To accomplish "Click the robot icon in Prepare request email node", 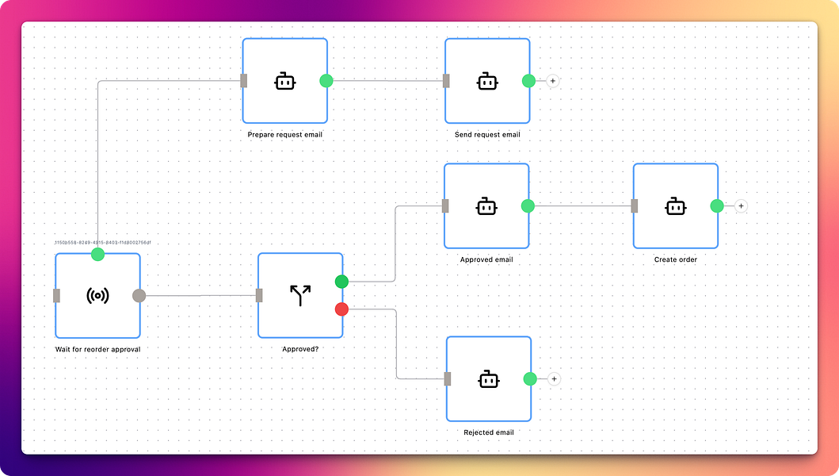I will coord(285,81).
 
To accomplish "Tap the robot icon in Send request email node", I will coord(487,81).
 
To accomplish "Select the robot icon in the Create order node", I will coord(675,206).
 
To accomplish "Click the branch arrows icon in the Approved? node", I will coord(300,296).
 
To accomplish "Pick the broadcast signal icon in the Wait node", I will coord(97,296).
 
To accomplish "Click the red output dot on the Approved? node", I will coord(341,309).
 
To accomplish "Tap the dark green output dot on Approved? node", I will coord(341,282).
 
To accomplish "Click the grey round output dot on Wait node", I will coord(139,296).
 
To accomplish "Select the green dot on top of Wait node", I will coord(97,254).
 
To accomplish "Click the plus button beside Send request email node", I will coord(553,81).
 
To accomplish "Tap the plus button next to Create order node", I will coord(742,206).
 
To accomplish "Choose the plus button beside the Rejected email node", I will coord(555,379).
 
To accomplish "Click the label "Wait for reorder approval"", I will coord(97,349).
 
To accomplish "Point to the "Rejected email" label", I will coord(489,432).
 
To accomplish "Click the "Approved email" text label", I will coord(486,259).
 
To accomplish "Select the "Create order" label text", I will coord(676,259).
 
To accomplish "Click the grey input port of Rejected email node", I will coord(448,379).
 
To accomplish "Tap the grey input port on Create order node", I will coord(635,206).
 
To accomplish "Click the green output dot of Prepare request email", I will coord(326,80).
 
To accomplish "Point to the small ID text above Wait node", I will coord(102,243).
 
